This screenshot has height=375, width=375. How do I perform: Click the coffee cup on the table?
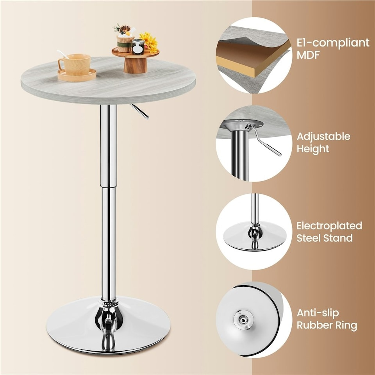point(75,64)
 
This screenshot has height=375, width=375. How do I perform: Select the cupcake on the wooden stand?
point(125,41)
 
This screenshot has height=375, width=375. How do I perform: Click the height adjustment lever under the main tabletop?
point(139,111)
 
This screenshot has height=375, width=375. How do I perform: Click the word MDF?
point(308,55)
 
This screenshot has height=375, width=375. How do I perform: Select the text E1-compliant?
point(332,42)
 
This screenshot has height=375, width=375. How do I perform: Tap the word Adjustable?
point(323,136)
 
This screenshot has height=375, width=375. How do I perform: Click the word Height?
point(312,149)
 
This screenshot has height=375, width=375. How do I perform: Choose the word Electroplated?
point(329,226)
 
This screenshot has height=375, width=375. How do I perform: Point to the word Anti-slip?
point(318,313)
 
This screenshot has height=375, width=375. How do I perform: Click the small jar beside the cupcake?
point(137,47)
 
